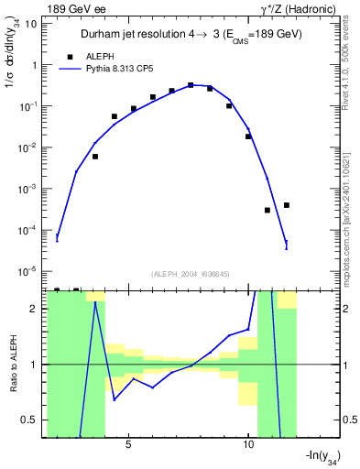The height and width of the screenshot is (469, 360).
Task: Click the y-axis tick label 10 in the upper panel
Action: pyautogui.click(x=32, y=24)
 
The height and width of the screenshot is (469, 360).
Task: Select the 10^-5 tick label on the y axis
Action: pyautogui.click(x=29, y=271)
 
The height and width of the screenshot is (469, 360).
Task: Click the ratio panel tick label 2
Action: pyautogui.click(x=36, y=309)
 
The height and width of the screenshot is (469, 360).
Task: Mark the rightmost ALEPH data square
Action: pyautogui.click(x=287, y=205)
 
